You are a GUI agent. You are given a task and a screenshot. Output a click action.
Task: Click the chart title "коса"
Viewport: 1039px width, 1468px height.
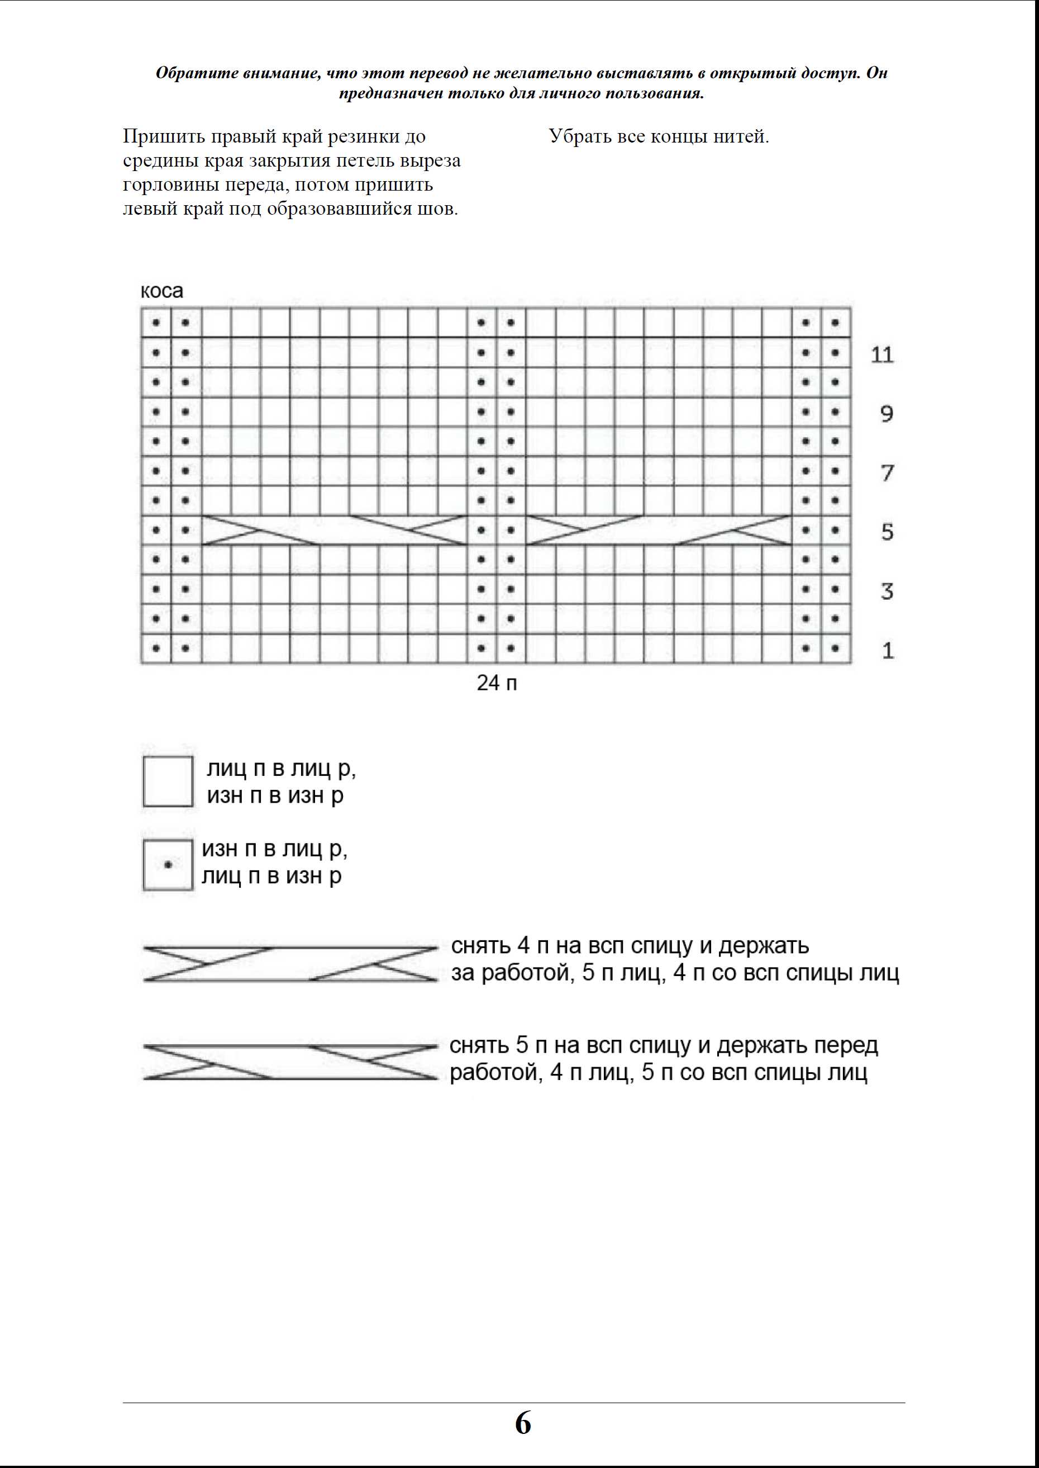[x=162, y=291]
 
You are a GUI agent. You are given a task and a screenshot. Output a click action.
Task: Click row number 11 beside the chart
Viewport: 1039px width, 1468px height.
[x=882, y=354]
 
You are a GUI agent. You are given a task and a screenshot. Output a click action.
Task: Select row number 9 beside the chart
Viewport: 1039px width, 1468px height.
[x=887, y=414]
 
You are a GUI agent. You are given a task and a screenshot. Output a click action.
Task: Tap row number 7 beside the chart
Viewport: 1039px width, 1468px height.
[x=887, y=473]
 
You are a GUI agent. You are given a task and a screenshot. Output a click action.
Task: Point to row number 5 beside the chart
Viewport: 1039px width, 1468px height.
[x=887, y=532]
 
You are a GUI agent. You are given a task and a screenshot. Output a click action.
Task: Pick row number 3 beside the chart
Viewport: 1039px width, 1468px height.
[x=887, y=591]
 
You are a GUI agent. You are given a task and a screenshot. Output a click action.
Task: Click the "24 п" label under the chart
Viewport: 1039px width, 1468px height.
[x=497, y=684]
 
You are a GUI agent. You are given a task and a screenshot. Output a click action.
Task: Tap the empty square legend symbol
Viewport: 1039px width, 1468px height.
[x=168, y=781]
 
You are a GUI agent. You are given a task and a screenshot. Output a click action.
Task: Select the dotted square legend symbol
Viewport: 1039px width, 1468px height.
[x=168, y=865]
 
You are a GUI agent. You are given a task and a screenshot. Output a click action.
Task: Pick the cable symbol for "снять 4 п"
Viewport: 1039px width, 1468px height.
[x=290, y=964]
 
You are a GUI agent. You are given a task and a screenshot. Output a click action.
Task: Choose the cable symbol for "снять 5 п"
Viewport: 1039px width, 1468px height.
[x=290, y=1062]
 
